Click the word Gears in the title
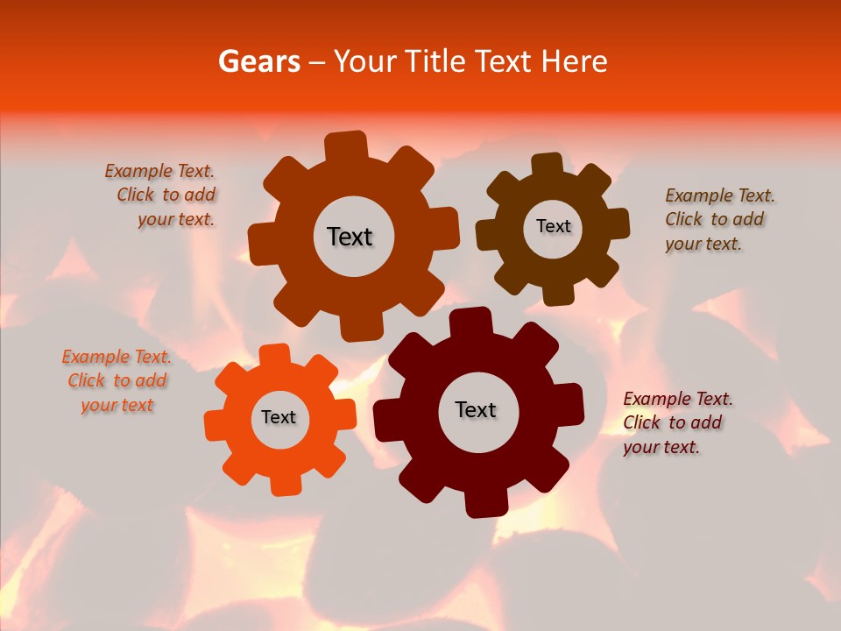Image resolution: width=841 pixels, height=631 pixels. pyautogui.click(x=258, y=61)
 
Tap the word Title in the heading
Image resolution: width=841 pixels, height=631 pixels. pyautogui.click(x=435, y=61)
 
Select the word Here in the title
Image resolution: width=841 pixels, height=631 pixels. pyautogui.click(x=574, y=61)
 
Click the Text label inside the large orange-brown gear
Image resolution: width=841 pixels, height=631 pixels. pyautogui.click(x=350, y=237)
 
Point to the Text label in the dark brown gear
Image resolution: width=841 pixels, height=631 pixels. pyautogui.click(x=553, y=226)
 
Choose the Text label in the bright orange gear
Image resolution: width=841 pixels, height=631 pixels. pyautogui.click(x=279, y=417)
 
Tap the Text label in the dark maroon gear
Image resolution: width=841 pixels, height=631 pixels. pyautogui.click(x=476, y=409)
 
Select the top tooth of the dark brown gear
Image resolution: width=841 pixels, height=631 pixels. pyautogui.click(x=548, y=165)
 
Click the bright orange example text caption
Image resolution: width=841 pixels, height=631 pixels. pyautogui.click(x=117, y=380)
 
